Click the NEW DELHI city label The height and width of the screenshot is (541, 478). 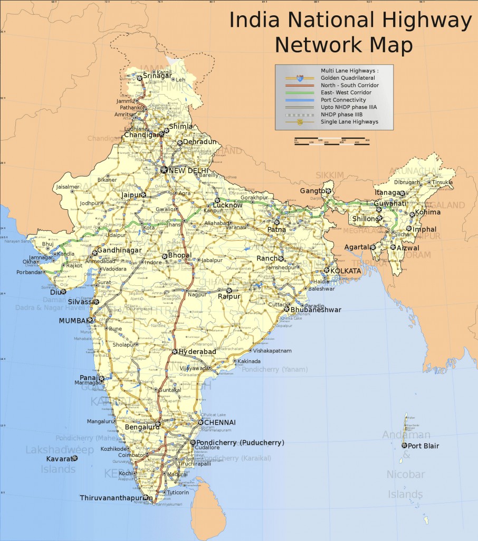pos(189,170)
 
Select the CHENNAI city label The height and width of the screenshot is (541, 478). pos(220,423)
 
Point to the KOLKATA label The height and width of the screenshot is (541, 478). pos(346,271)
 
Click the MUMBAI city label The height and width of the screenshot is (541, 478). pos(73,321)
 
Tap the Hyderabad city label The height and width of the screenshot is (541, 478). pos(197,352)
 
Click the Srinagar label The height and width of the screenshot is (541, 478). pos(157,76)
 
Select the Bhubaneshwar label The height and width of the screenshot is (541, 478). pos(316,310)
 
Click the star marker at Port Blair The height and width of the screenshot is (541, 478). pos(404,446)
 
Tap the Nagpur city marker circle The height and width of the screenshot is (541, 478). pos(187,291)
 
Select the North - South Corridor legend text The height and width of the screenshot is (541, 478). pos(349,85)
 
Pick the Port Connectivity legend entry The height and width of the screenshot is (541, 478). pos(343,100)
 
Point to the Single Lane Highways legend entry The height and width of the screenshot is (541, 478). pos(349,122)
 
